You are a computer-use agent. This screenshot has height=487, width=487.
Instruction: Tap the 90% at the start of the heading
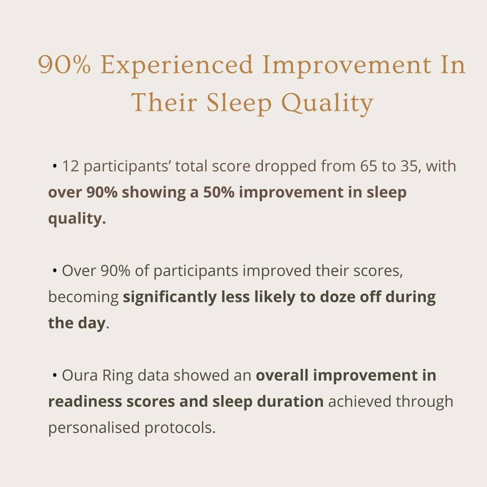pyautogui.click(x=64, y=64)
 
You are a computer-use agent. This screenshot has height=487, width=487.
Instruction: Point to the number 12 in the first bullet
pyautogui.click(x=70, y=166)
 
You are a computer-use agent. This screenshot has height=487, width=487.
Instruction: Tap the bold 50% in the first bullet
pyautogui.click(x=219, y=192)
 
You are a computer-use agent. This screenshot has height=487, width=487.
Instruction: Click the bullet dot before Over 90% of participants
pyautogui.click(x=55, y=271)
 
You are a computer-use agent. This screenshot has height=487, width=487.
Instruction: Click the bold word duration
pyautogui.click(x=290, y=402)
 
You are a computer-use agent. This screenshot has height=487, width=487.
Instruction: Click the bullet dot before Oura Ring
pyautogui.click(x=55, y=376)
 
